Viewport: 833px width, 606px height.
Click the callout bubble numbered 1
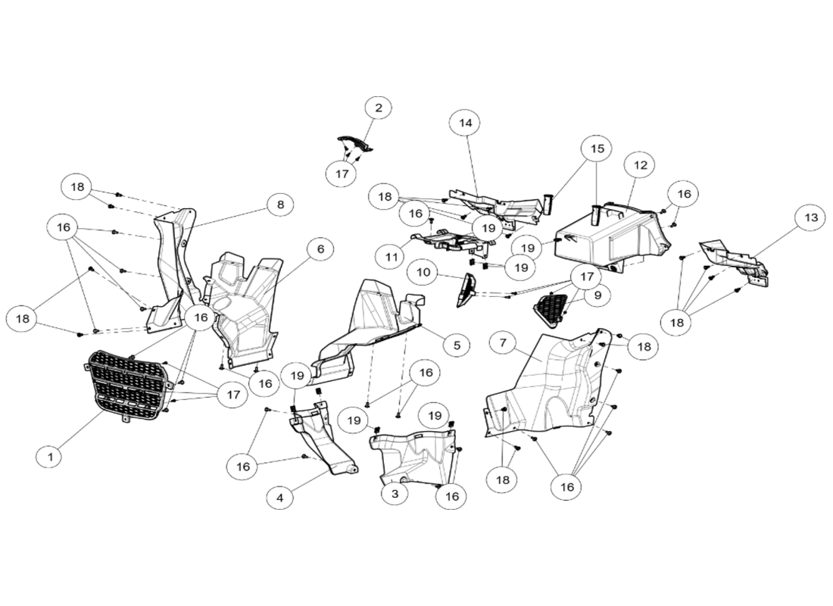tap(49, 457)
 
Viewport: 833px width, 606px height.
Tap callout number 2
tap(378, 108)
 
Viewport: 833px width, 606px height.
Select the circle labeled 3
tap(394, 494)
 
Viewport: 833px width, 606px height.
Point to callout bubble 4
tap(279, 498)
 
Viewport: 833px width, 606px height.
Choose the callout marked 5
tap(456, 345)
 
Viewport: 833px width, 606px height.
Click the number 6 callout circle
tap(320, 248)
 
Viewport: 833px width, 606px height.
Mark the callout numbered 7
tap(502, 342)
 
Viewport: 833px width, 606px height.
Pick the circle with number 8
tap(280, 205)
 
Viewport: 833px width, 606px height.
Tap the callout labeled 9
tap(597, 295)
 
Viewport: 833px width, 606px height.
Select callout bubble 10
tap(422, 272)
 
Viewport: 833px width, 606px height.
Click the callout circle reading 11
tap(390, 257)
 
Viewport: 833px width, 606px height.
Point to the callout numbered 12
tap(640, 164)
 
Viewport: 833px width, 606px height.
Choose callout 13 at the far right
tap(810, 217)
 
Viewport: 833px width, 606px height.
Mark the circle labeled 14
tap(465, 122)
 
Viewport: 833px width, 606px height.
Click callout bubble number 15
tap(597, 148)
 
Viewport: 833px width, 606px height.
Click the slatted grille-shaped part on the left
tap(126, 384)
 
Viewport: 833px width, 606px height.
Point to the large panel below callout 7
tap(549, 386)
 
